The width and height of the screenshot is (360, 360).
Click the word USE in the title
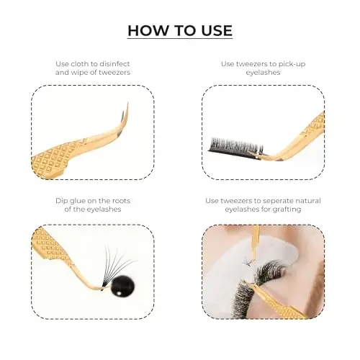coord(217,30)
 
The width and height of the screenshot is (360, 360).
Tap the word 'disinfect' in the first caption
coord(114,64)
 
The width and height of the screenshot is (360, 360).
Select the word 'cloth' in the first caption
coord(78,64)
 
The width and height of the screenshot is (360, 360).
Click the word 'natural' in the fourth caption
coord(309,201)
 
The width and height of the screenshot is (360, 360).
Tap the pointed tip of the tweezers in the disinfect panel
coord(127,104)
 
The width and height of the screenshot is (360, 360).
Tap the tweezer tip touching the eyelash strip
coord(251,153)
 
